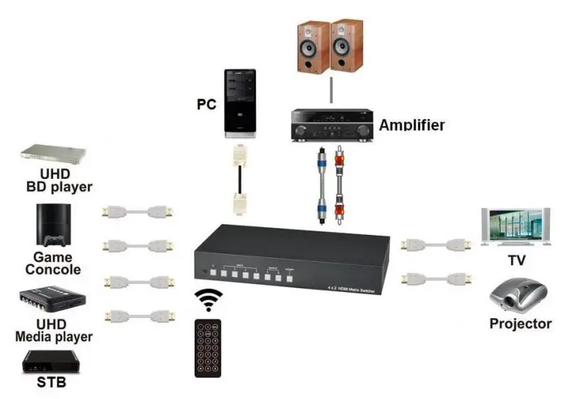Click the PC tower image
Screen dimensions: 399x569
pos(240,102)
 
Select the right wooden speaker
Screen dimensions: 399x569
pos(347,46)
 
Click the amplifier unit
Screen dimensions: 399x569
pos(332,124)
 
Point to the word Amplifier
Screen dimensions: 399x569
pos(411,125)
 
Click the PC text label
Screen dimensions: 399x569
pos(206,104)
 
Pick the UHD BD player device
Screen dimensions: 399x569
pos(53,154)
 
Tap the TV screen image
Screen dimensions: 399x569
pos(515,226)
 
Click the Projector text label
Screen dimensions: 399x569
pos(520,324)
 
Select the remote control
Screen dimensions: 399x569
pos(208,347)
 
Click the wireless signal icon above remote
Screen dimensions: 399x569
pos(208,300)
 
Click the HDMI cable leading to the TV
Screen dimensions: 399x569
pos(435,245)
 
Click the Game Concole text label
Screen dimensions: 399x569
pos(53,263)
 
